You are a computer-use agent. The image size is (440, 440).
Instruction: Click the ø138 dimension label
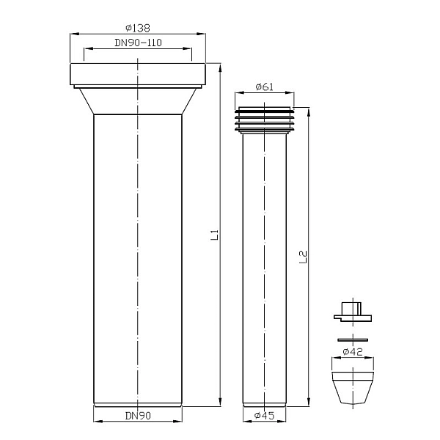pos(138,28)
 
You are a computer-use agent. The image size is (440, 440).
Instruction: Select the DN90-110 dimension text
pos(138,43)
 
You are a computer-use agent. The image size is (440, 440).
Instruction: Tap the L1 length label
pos(214,235)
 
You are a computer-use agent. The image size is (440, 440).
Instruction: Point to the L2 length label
pos(303,257)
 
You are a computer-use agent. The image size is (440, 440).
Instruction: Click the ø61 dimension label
pos(265,87)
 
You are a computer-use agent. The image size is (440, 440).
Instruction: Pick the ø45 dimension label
pos(264,415)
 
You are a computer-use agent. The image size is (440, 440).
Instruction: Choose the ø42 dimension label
pos(353,351)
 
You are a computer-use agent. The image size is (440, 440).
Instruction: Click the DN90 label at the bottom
pos(138,416)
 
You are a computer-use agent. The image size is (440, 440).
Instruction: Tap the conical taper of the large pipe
pos(138,101)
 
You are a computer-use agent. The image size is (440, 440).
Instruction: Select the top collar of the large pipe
pos(138,74)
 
